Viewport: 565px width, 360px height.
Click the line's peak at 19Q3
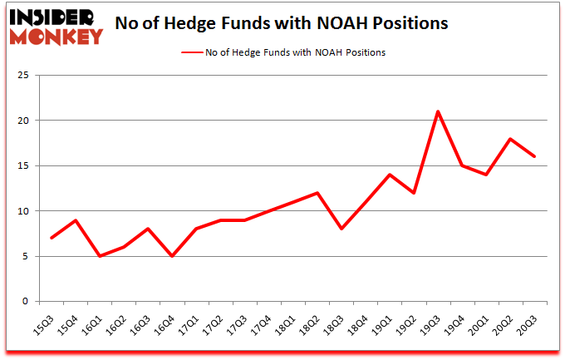[437, 111]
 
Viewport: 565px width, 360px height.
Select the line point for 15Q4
[76, 220]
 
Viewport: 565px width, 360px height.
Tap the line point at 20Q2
[509, 139]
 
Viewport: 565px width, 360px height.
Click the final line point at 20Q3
[533, 157]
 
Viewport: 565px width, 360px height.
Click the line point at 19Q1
[389, 175]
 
